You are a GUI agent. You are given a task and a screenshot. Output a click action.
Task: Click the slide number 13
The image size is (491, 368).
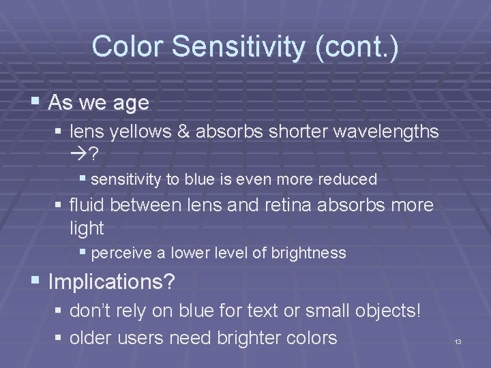[x=458, y=341]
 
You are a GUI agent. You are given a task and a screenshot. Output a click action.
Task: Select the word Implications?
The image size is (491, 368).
[x=112, y=281]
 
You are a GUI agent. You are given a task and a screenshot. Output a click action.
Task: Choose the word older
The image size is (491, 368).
[x=92, y=337]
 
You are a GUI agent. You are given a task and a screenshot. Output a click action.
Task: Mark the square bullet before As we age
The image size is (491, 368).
[x=36, y=103]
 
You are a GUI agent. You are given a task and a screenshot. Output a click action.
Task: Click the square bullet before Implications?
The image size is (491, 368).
[x=36, y=281]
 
